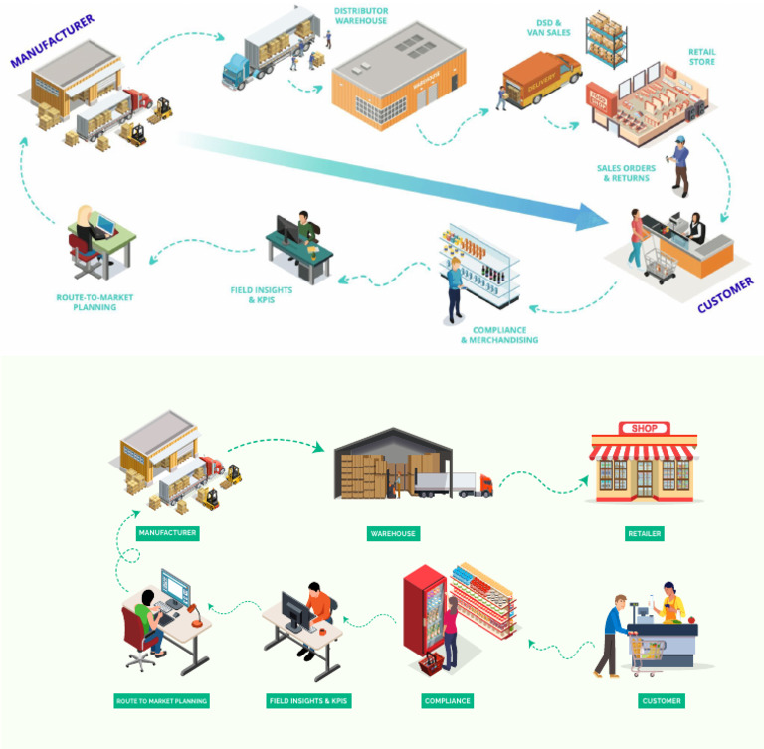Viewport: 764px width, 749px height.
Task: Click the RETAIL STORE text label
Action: (700, 57)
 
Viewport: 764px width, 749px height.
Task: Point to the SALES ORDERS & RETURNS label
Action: (626, 173)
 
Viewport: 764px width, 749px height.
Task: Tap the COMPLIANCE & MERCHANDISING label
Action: (499, 335)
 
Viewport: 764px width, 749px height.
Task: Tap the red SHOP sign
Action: (644, 428)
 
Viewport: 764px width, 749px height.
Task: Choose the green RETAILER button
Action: (644, 533)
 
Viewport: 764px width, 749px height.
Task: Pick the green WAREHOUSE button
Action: (393, 533)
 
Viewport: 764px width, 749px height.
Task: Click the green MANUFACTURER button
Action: (167, 532)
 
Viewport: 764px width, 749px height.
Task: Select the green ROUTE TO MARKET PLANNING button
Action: (162, 701)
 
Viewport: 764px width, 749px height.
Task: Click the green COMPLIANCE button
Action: (447, 701)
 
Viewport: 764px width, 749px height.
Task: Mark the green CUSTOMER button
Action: (662, 701)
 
